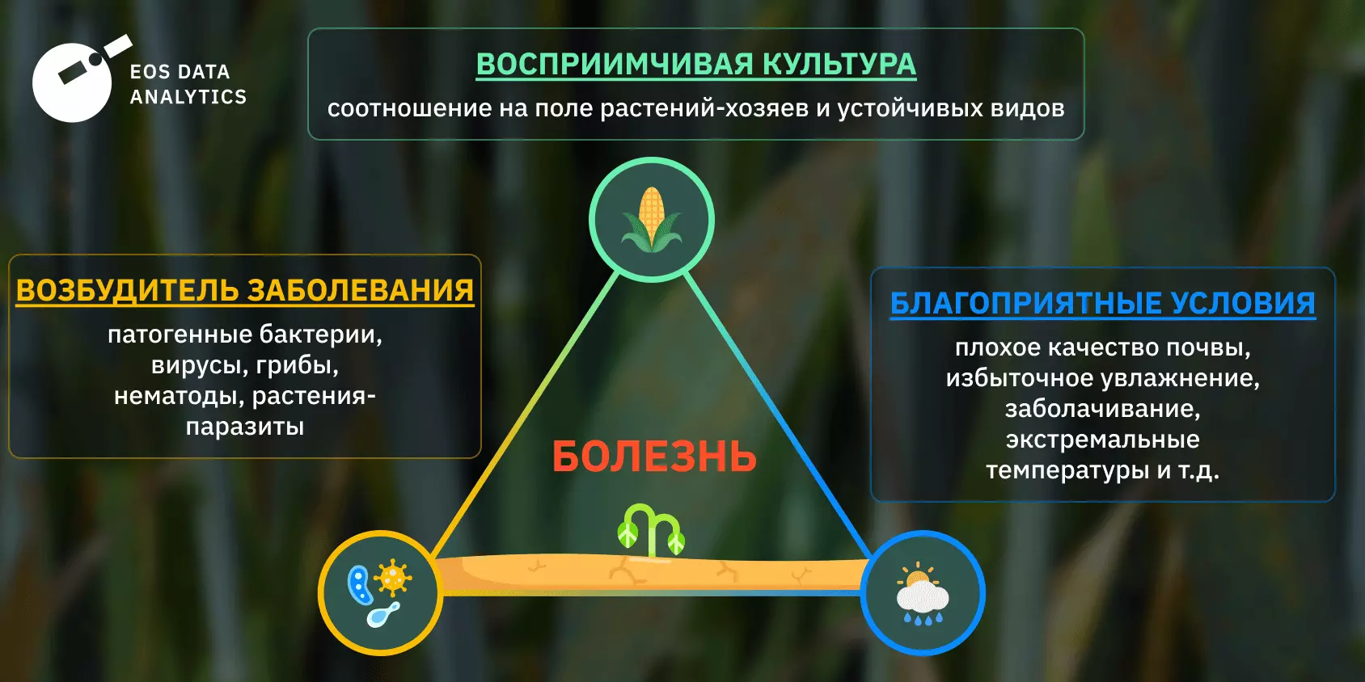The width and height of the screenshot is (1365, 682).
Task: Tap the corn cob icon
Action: [652, 219]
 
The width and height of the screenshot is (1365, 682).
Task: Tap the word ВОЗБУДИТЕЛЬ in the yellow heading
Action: [127, 290]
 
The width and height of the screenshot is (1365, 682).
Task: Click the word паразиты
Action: [245, 426]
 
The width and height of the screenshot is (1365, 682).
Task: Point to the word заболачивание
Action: [1102, 409]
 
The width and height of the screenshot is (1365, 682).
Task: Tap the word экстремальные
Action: [1102, 440]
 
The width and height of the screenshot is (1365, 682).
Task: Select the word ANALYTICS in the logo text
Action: [188, 97]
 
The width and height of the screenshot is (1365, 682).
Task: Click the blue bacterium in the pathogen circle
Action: [360, 584]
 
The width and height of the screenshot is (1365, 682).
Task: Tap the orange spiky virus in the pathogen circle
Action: [393, 578]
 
